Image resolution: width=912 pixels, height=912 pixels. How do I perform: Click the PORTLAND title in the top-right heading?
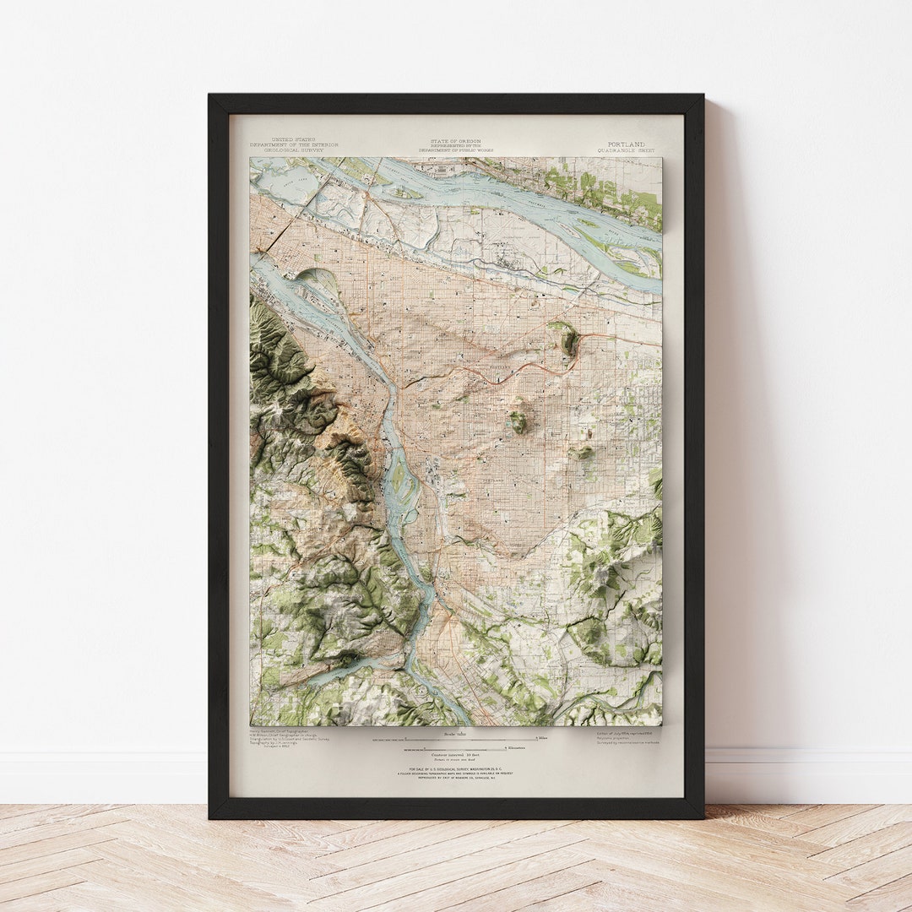[x=626, y=144]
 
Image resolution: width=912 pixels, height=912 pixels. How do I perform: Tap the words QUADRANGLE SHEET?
[x=626, y=150]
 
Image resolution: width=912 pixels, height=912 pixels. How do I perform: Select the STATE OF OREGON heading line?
[x=456, y=140]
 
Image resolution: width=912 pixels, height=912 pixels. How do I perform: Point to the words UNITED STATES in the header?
[x=293, y=139]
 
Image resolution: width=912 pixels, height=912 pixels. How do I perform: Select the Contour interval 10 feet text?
[x=456, y=753]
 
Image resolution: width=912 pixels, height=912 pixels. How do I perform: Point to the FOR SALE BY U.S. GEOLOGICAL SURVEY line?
[x=456, y=768]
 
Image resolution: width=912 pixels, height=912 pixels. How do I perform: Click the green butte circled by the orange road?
[x=568, y=339]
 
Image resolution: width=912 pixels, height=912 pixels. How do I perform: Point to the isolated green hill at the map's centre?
[x=518, y=421]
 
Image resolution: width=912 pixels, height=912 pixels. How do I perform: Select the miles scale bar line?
[x=456, y=741]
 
